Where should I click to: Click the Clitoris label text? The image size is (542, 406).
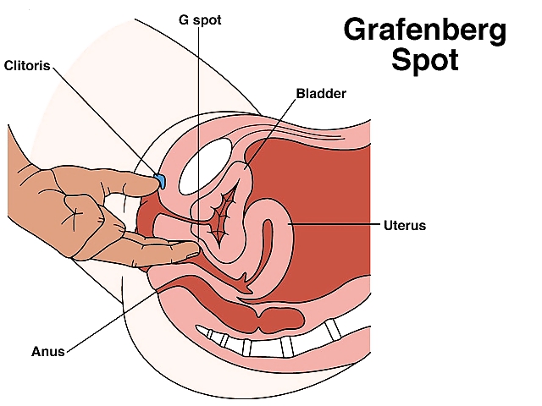tap(26, 65)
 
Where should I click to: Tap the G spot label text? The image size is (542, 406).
tap(202, 19)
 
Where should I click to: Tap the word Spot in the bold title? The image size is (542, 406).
tap(425, 62)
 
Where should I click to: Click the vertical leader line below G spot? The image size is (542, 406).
tap(198, 127)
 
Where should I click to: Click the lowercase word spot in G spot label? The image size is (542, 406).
tap(208, 19)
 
